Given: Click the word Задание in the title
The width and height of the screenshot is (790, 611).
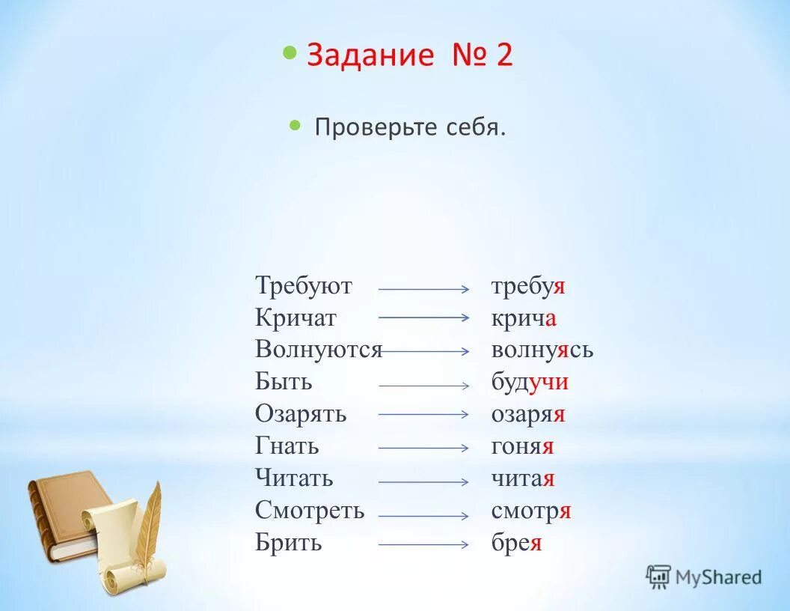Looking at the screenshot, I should coord(370,56).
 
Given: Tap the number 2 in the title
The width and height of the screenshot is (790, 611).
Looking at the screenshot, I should coord(503,56).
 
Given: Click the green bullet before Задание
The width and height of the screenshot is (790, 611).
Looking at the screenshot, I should coord(290,53).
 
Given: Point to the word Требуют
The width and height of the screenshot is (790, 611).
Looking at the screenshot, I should coord(303,286).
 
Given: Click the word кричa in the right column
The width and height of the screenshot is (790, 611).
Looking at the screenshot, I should coord(524,318).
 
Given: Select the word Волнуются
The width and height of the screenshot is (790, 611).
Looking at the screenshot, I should coord(318,350).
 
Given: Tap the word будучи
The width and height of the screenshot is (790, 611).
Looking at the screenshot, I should coord(530,382).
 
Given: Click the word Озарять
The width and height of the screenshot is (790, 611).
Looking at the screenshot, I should coord(301,414).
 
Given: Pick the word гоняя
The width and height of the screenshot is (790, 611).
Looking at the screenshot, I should coord(522,446).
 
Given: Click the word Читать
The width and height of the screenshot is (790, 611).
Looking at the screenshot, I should coord(294,478).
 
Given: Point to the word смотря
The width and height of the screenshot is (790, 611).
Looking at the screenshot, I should coord(531,511).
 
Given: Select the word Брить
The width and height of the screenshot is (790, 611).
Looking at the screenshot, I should coord(288,542).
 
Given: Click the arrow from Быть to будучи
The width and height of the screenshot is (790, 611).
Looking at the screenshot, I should coord(423,386).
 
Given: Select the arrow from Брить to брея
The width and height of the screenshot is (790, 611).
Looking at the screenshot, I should coord(423,545).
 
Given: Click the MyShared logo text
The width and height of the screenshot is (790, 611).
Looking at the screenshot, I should coord(717,577).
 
